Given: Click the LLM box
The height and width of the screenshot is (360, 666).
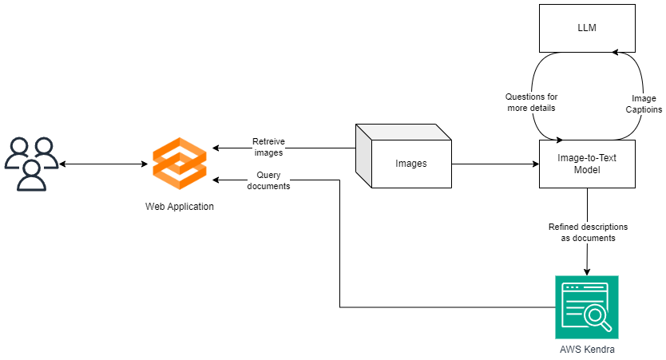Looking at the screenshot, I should (x=587, y=29).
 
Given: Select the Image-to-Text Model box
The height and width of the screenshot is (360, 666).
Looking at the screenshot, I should (x=587, y=164).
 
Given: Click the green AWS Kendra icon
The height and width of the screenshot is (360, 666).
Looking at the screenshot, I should (x=587, y=307).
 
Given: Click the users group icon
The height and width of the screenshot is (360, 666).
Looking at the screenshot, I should (x=32, y=164).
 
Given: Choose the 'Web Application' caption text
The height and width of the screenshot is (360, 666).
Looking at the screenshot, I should (x=180, y=207).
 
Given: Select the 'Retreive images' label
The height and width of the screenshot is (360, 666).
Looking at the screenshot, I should (x=268, y=147).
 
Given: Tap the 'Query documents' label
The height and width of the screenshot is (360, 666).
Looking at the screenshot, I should (x=268, y=180).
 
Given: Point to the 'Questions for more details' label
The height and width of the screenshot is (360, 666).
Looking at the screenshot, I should (x=532, y=102).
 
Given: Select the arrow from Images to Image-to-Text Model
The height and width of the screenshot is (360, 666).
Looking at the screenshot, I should (x=495, y=164).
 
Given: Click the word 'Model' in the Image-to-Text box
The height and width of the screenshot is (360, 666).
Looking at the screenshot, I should (x=587, y=170).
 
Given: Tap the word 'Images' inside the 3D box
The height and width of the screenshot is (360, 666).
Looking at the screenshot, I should (x=411, y=164).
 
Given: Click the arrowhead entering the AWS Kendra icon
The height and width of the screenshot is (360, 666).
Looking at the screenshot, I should (x=587, y=271).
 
